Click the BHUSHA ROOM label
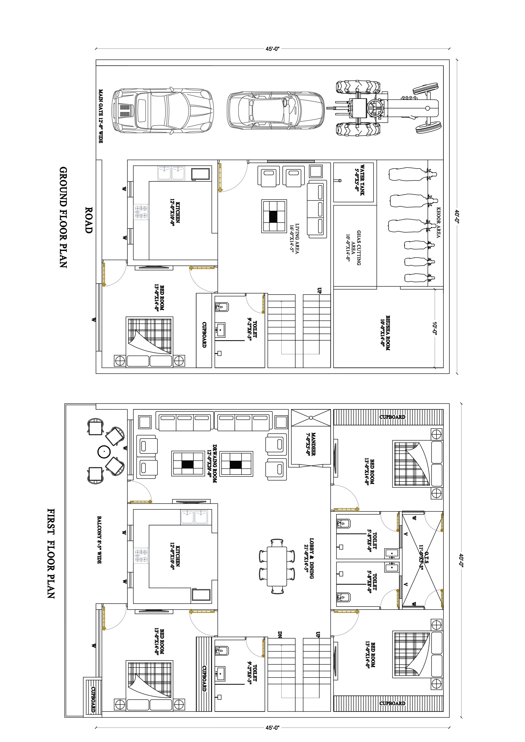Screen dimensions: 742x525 385,333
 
